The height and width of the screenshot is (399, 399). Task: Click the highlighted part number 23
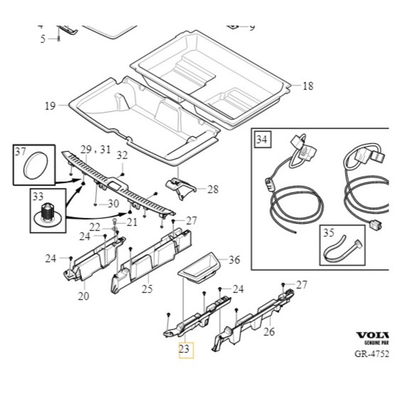click(185, 350)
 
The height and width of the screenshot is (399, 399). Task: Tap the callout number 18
click(308, 86)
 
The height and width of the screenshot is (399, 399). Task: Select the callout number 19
click(50, 105)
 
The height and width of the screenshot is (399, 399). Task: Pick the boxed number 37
click(21, 152)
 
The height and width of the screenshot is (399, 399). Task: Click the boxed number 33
click(38, 196)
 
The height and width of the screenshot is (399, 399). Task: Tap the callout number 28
click(213, 190)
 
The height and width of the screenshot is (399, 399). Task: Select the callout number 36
click(234, 259)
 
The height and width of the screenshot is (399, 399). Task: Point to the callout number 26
click(269, 332)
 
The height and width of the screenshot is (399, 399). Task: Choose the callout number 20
click(83, 296)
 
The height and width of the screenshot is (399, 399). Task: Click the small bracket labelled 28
click(180, 186)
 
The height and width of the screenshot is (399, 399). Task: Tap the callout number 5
click(43, 39)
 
